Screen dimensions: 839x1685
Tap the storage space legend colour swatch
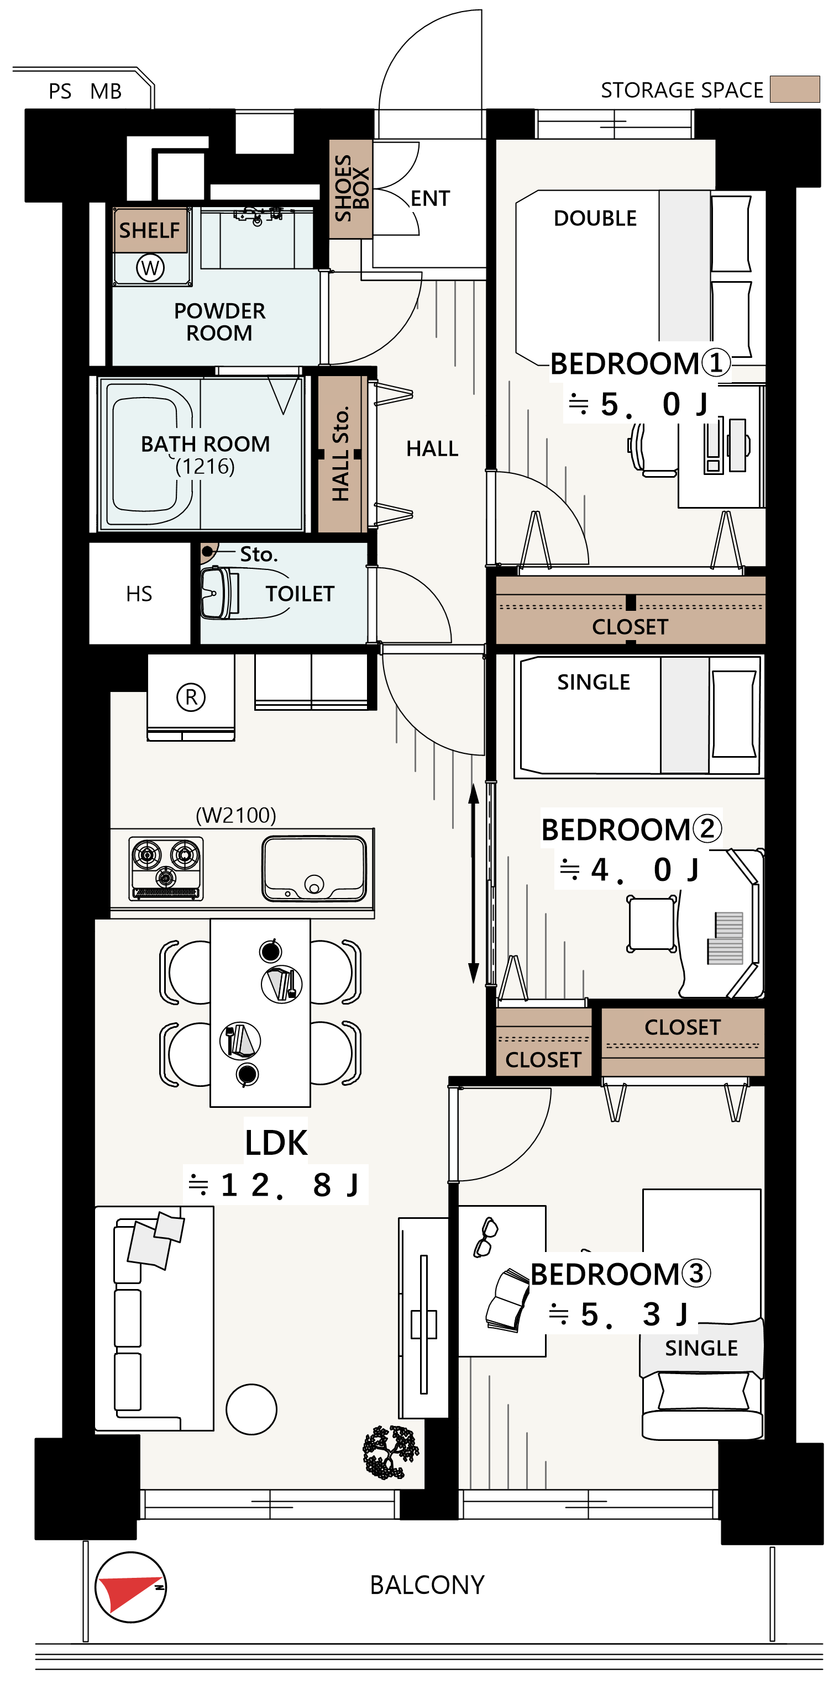(794, 89)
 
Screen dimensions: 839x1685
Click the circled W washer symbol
(150, 267)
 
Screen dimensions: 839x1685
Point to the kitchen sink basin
(314, 869)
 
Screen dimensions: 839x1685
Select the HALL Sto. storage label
(340, 454)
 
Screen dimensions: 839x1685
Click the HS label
(139, 593)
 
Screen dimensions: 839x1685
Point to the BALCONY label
(427, 1585)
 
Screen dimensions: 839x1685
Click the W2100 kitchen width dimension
(236, 815)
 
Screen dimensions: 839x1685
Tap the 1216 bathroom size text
(205, 466)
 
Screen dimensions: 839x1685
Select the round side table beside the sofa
(251, 1409)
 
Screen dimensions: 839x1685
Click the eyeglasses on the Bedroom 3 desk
(486, 1237)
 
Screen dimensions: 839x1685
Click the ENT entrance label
(430, 198)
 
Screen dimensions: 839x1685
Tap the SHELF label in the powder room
(149, 230)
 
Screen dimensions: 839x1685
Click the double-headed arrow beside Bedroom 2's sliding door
(474, 884)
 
